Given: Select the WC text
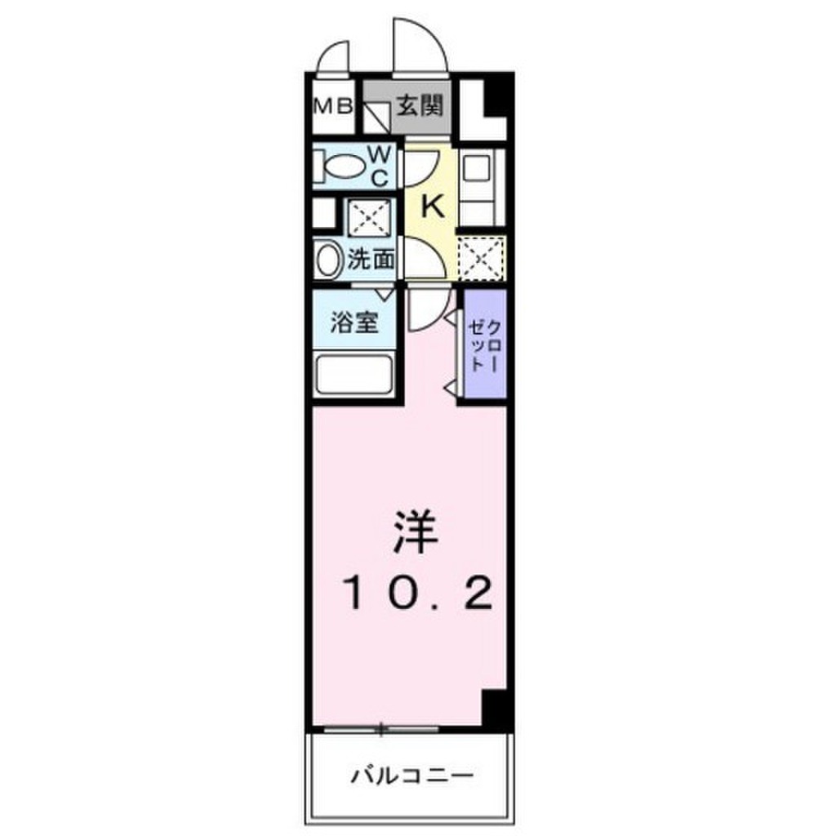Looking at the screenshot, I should point(381,164).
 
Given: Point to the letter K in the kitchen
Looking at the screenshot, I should point(433,206).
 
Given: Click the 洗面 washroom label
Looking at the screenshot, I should point(371,260).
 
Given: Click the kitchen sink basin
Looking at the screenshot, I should point(474,172).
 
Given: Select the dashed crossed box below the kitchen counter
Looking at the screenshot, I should point(480,258).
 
